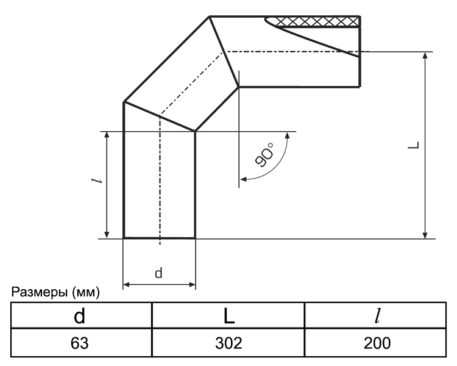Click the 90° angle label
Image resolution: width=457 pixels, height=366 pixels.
tap(264, 155)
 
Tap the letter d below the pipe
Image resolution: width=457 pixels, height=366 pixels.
tap(158, 273)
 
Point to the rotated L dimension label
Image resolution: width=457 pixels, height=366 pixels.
tap(414, 145)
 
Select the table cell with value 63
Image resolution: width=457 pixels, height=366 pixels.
tap(80, 343)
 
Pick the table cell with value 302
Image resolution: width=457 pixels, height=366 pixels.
tap(228, 343)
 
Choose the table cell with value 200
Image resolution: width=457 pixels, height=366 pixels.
tap(377, 343)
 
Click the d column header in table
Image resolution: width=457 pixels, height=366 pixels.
tap(80, 315)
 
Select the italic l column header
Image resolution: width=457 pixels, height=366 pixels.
tap(377, 315)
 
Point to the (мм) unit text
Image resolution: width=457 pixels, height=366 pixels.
tap(86, 292)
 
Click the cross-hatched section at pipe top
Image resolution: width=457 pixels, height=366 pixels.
tap(313, 21)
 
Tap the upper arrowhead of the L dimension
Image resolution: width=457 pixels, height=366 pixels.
tap(425, 56)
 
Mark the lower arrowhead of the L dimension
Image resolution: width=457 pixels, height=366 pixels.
tap(425, 235)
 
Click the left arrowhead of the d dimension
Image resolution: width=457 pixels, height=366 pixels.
tap(127, 285)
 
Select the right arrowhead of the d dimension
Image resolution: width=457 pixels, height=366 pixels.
tap(192, 285)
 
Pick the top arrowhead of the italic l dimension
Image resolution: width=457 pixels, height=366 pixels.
tap(107, 135)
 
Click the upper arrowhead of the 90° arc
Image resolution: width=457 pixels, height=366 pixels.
tap(288, 135)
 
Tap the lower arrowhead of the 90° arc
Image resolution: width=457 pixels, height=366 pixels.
tap(243, 179)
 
